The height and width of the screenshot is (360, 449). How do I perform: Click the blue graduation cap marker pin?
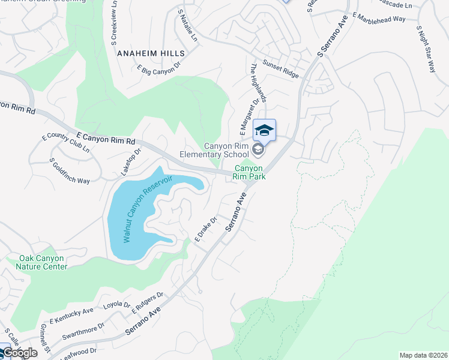264,130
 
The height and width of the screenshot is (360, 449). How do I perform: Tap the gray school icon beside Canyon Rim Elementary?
258,149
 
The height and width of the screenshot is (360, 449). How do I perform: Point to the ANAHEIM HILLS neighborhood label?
150,53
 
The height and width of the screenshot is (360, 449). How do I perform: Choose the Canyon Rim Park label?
250,173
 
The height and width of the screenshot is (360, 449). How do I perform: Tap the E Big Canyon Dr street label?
158,70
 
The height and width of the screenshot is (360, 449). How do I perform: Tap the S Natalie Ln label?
187,25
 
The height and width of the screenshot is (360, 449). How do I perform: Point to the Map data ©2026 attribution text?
423,355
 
